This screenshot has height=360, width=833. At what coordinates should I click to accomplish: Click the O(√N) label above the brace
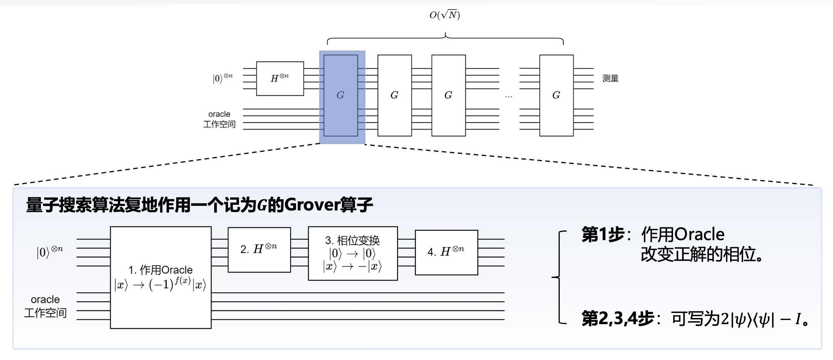(445, 15)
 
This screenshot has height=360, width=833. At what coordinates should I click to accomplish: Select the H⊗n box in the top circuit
(280, 78)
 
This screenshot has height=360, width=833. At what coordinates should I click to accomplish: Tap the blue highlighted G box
(341, 95)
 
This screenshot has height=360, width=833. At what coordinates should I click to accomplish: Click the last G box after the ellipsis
(556, 95)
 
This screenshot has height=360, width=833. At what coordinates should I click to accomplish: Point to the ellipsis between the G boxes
(509, 96)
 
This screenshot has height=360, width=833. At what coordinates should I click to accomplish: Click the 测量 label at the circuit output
(610, 79)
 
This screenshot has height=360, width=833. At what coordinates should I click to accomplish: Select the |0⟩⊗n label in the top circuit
(223, 78)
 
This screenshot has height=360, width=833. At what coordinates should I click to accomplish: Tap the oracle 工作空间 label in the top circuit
(219, 119)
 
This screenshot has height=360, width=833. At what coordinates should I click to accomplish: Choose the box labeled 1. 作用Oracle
(161, 278)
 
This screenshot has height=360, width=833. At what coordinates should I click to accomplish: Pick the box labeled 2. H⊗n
(259, 250)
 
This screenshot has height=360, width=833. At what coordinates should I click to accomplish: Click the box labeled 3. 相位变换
(353, 253)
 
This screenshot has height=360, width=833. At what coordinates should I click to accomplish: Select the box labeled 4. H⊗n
(446, 252)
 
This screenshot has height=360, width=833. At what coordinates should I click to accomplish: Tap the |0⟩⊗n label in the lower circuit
(50, 252)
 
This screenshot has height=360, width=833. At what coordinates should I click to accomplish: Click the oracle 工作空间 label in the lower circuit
(45, 306)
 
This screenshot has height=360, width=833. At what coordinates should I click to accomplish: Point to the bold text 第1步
(603, 234)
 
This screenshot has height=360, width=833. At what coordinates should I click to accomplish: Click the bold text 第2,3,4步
(618, 319)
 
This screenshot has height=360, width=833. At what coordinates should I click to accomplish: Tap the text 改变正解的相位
(701, 254)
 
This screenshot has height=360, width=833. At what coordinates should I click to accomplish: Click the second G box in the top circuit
(395, 95)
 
